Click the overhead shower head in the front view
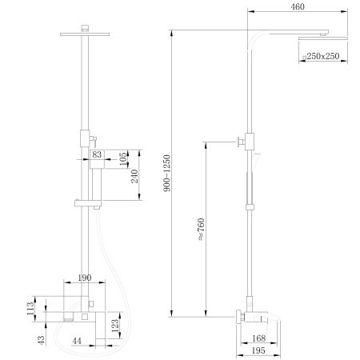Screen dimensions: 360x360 84,33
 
